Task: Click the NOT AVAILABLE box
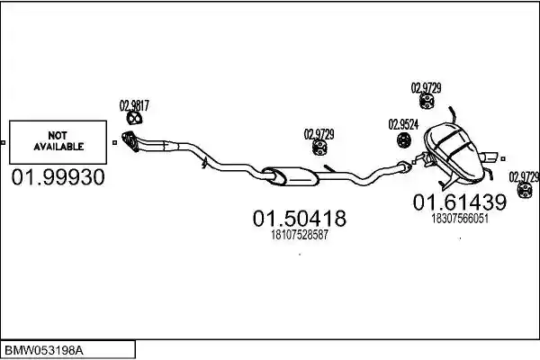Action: tap(58, 142)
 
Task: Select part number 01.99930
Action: tap(58, 177)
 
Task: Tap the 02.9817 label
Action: tap(134, 105)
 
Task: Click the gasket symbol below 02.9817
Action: tap(134, 118)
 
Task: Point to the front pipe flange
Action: tap(130, 140)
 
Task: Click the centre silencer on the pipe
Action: tap(291, 176)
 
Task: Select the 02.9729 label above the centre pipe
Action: tap(319, 134)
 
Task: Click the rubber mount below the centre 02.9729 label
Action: tap(319, 148)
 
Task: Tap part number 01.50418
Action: tap(300, 219)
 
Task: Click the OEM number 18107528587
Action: tap(300, 235)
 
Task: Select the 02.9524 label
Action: tap(403, 124)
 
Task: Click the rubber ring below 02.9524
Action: tap(404, 139)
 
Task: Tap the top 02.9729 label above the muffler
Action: tap(426, 88)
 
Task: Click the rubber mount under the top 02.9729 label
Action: tap(427, 101)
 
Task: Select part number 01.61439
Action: tap(460, 202)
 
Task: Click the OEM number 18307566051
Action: tap(460, 219)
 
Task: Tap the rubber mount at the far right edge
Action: tap(526, 190)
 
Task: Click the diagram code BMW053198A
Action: tap(44, 351)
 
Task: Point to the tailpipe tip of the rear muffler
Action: tap(490, 157)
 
